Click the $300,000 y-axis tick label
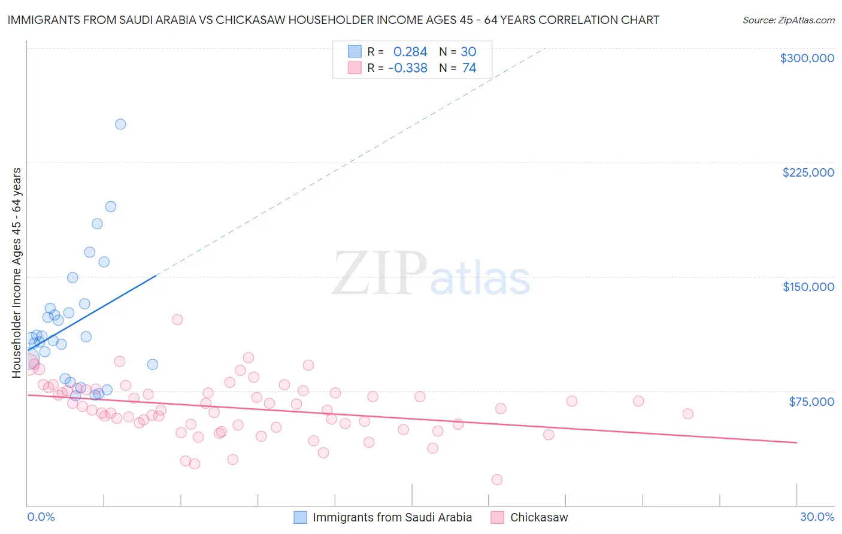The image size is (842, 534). tap(807, 58)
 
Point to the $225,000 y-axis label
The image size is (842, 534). tap(808, 172)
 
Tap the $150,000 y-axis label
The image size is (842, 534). tap(808, 287)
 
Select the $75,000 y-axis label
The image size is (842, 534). tap(811, 402)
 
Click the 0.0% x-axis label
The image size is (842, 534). tap(41, 517)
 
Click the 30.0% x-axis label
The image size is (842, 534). tap(817, 517)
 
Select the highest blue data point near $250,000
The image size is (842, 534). tap(120, 125)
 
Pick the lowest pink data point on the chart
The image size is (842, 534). tap(496, 480)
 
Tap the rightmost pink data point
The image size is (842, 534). tap(687, 414)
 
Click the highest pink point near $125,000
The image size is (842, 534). tap(177, 320)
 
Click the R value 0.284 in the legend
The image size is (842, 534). tap(410, 52)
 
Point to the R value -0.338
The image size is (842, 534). tap(408, 68)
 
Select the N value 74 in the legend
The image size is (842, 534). tap(469, 68)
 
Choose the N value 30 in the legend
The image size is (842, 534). tap(468, 52)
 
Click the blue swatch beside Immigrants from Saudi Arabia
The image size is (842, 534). tap(301, 517)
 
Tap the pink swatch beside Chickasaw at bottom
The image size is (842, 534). tap(497, 517)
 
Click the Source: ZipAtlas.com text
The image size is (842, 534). tap(788, 20)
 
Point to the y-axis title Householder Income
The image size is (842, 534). tap(16, 273)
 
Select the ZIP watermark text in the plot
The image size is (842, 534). tap(380, 274)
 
